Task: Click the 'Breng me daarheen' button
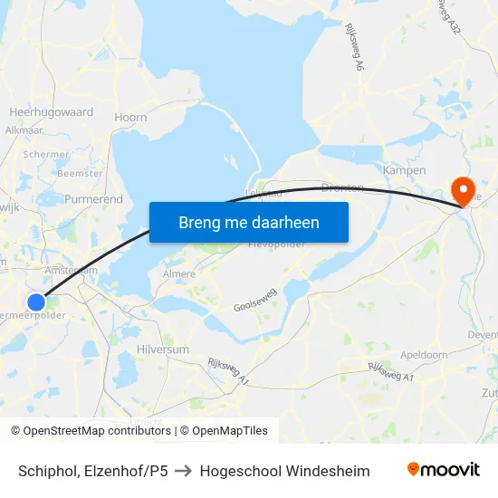249,222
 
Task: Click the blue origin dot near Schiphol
35,302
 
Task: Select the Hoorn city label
130,117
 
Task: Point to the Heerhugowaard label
51,112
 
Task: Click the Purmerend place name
93,198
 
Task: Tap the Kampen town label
404,170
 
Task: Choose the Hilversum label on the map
162,349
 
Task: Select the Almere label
177,273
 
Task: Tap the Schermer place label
47,154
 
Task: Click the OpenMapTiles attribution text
229,431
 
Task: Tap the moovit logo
444,470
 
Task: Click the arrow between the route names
184,471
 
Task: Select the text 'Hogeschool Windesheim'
284,471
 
